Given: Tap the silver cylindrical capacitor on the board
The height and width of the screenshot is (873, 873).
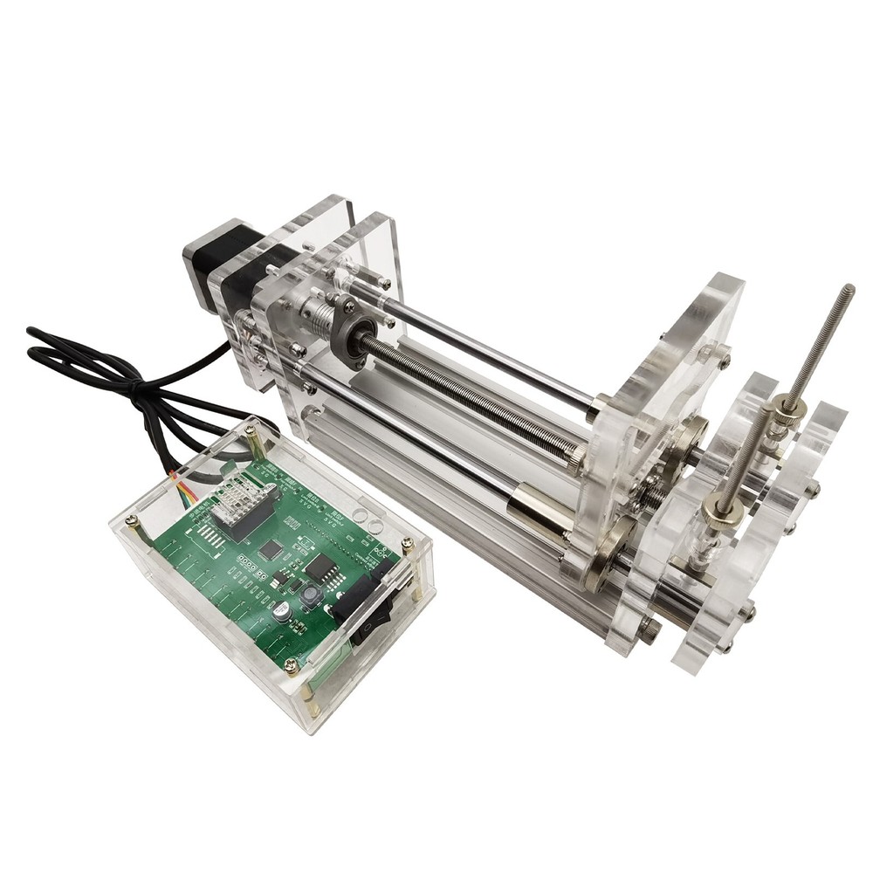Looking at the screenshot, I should [x=282, y=614].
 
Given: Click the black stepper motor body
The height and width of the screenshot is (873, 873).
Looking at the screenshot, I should [x=229, y=262].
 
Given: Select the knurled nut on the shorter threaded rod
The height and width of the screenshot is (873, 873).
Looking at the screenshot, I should [x=724, y=507].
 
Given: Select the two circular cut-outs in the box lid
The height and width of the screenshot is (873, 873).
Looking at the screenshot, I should [x=368, y=525].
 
